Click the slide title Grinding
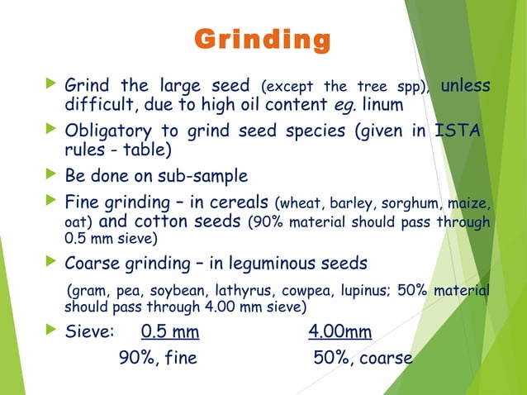(262, 40)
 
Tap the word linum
(383, 106)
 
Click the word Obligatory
(107, 132)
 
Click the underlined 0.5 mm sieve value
(171, 333)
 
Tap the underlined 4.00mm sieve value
(339, 333)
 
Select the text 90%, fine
(159, 359)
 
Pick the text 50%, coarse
(363, 359)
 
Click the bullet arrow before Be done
(54, 175)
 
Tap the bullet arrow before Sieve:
(54, 332)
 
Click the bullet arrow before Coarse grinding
(54, 263)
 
